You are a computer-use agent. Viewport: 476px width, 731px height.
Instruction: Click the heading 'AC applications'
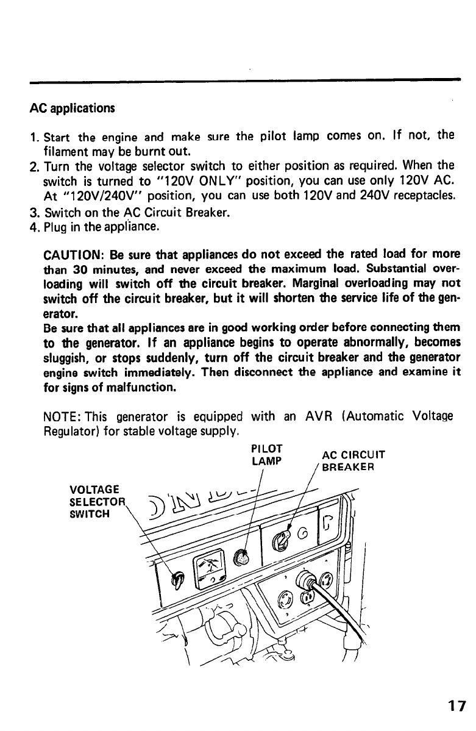pos(72,109)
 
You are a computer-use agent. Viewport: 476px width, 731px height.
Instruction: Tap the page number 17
pos(455,707)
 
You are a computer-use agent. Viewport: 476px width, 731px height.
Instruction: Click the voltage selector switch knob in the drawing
pos(177,580)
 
